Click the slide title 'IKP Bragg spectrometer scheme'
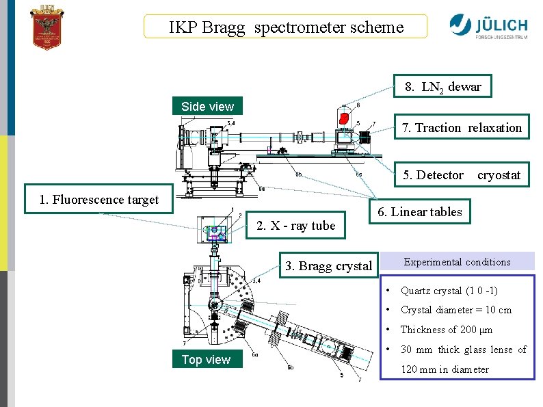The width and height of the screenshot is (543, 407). (x=286, y=27)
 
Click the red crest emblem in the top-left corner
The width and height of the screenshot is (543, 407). (x=47, y=27)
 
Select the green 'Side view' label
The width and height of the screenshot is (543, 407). (x=207, y=106)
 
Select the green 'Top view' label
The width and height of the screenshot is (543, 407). (x=206, y=359)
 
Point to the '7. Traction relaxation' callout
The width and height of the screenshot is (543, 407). (x=462, y=127)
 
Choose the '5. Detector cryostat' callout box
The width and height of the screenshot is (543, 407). (x=462, y=175)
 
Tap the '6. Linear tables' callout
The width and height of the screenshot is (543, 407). (x=420, y=212)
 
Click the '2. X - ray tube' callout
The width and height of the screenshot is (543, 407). (x=295, y=226)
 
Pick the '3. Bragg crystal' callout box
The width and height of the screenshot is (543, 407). (x=328, y=266)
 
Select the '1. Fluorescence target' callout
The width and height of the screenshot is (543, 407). (x=99, y=200)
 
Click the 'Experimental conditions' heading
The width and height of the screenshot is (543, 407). (x=457, y=262)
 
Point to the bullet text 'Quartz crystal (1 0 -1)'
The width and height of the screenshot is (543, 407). (x=449, y=291)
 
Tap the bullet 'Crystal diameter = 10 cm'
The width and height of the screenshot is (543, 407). (x=455, y=310)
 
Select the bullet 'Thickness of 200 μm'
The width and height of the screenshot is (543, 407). (x=446, y=330)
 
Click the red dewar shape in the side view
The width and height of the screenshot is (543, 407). (x=345, y=119)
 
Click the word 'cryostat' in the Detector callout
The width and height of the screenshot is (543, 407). (x=499, y=175)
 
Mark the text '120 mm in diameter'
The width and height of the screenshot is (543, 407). (x=445, y=369)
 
